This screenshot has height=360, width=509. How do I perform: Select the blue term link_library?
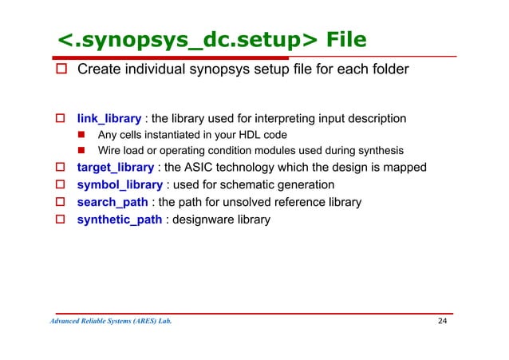point(109,119)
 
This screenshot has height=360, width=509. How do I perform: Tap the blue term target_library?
point(116,168)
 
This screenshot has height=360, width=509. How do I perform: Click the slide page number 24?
point(443,322)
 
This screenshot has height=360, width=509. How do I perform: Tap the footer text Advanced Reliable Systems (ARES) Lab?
point(110,322)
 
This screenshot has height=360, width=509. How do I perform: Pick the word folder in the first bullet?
point(390,69)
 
